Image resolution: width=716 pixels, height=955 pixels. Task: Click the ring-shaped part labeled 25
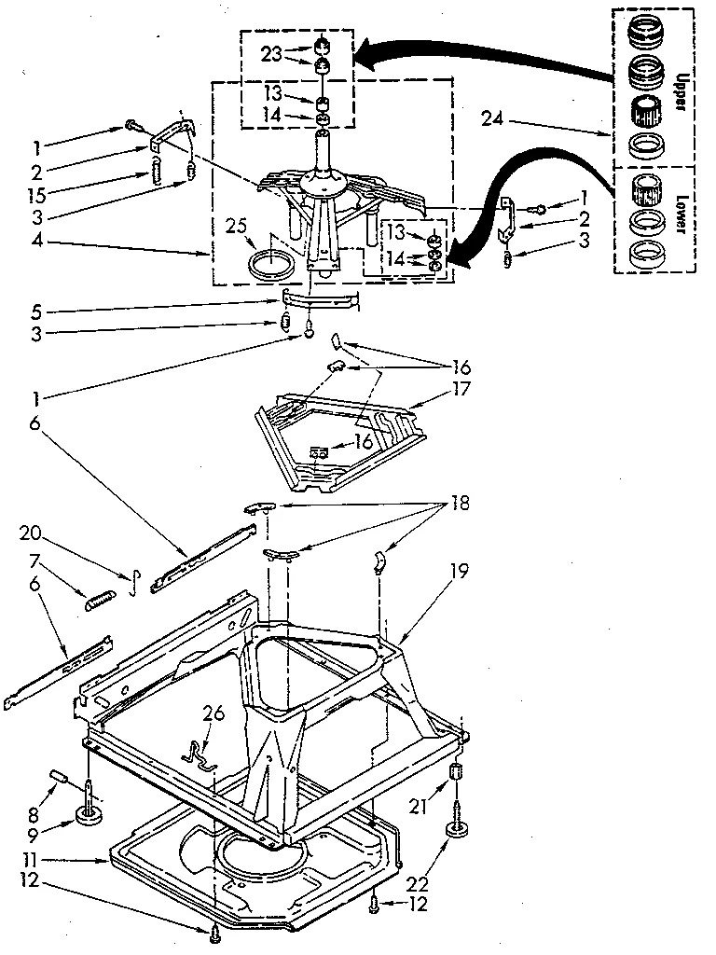tap(270, 262)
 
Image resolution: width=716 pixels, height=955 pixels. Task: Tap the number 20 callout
tap(30, 533)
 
